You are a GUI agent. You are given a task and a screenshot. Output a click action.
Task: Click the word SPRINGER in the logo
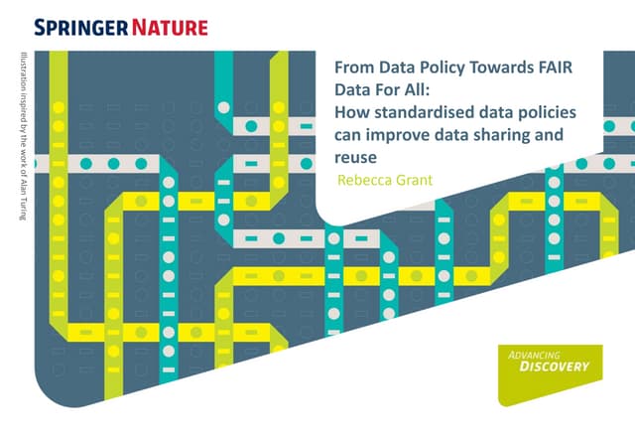point(81,28)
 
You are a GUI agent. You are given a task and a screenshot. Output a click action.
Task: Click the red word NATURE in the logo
point(170,28)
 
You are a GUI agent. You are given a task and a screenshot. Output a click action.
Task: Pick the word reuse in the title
point(355,158)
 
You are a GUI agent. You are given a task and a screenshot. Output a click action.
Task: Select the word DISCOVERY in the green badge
point(554,367)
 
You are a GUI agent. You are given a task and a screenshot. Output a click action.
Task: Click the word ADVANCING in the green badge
point(534,356)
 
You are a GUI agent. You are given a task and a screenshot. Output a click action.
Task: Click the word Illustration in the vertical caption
point(23,69)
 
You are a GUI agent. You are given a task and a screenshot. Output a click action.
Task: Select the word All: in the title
point(417,90)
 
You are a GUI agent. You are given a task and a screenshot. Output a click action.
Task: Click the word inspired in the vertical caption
point(23,100)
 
